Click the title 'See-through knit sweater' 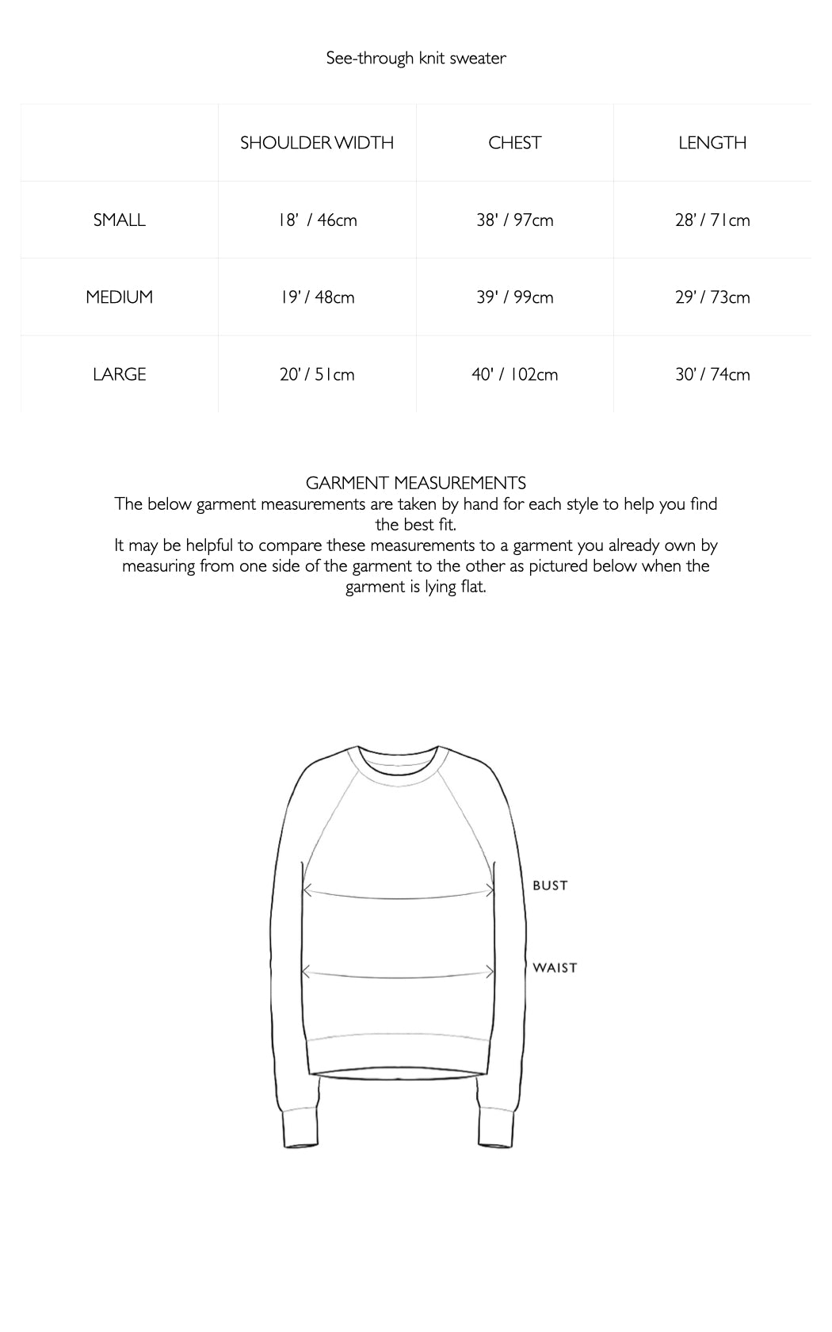click(x=416, y=58)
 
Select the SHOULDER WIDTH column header click(x=317, y=143)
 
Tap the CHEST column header click(x=515, y=143)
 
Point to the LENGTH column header click(x=712, y=143)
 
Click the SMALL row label click(x=120, y=220)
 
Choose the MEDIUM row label click(x=120, y=297)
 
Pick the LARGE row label click(x=120, y=374)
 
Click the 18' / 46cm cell click(x=317, y=220)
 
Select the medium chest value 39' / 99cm click(x=515, y=297)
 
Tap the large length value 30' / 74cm click(x=712, y=374)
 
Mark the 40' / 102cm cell click(x=515, y=374)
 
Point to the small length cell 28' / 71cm click(x=712, y=220)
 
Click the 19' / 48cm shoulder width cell click(x=317, y=297)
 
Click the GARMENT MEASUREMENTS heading click(x=416, y=483)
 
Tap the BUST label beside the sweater click(x=550, y=886)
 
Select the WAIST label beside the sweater click(x=555, y=967)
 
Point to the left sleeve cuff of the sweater click(x=300, y=1131)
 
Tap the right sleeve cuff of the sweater click(x=495, y=1131)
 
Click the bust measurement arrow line click(x=398, y=896)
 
